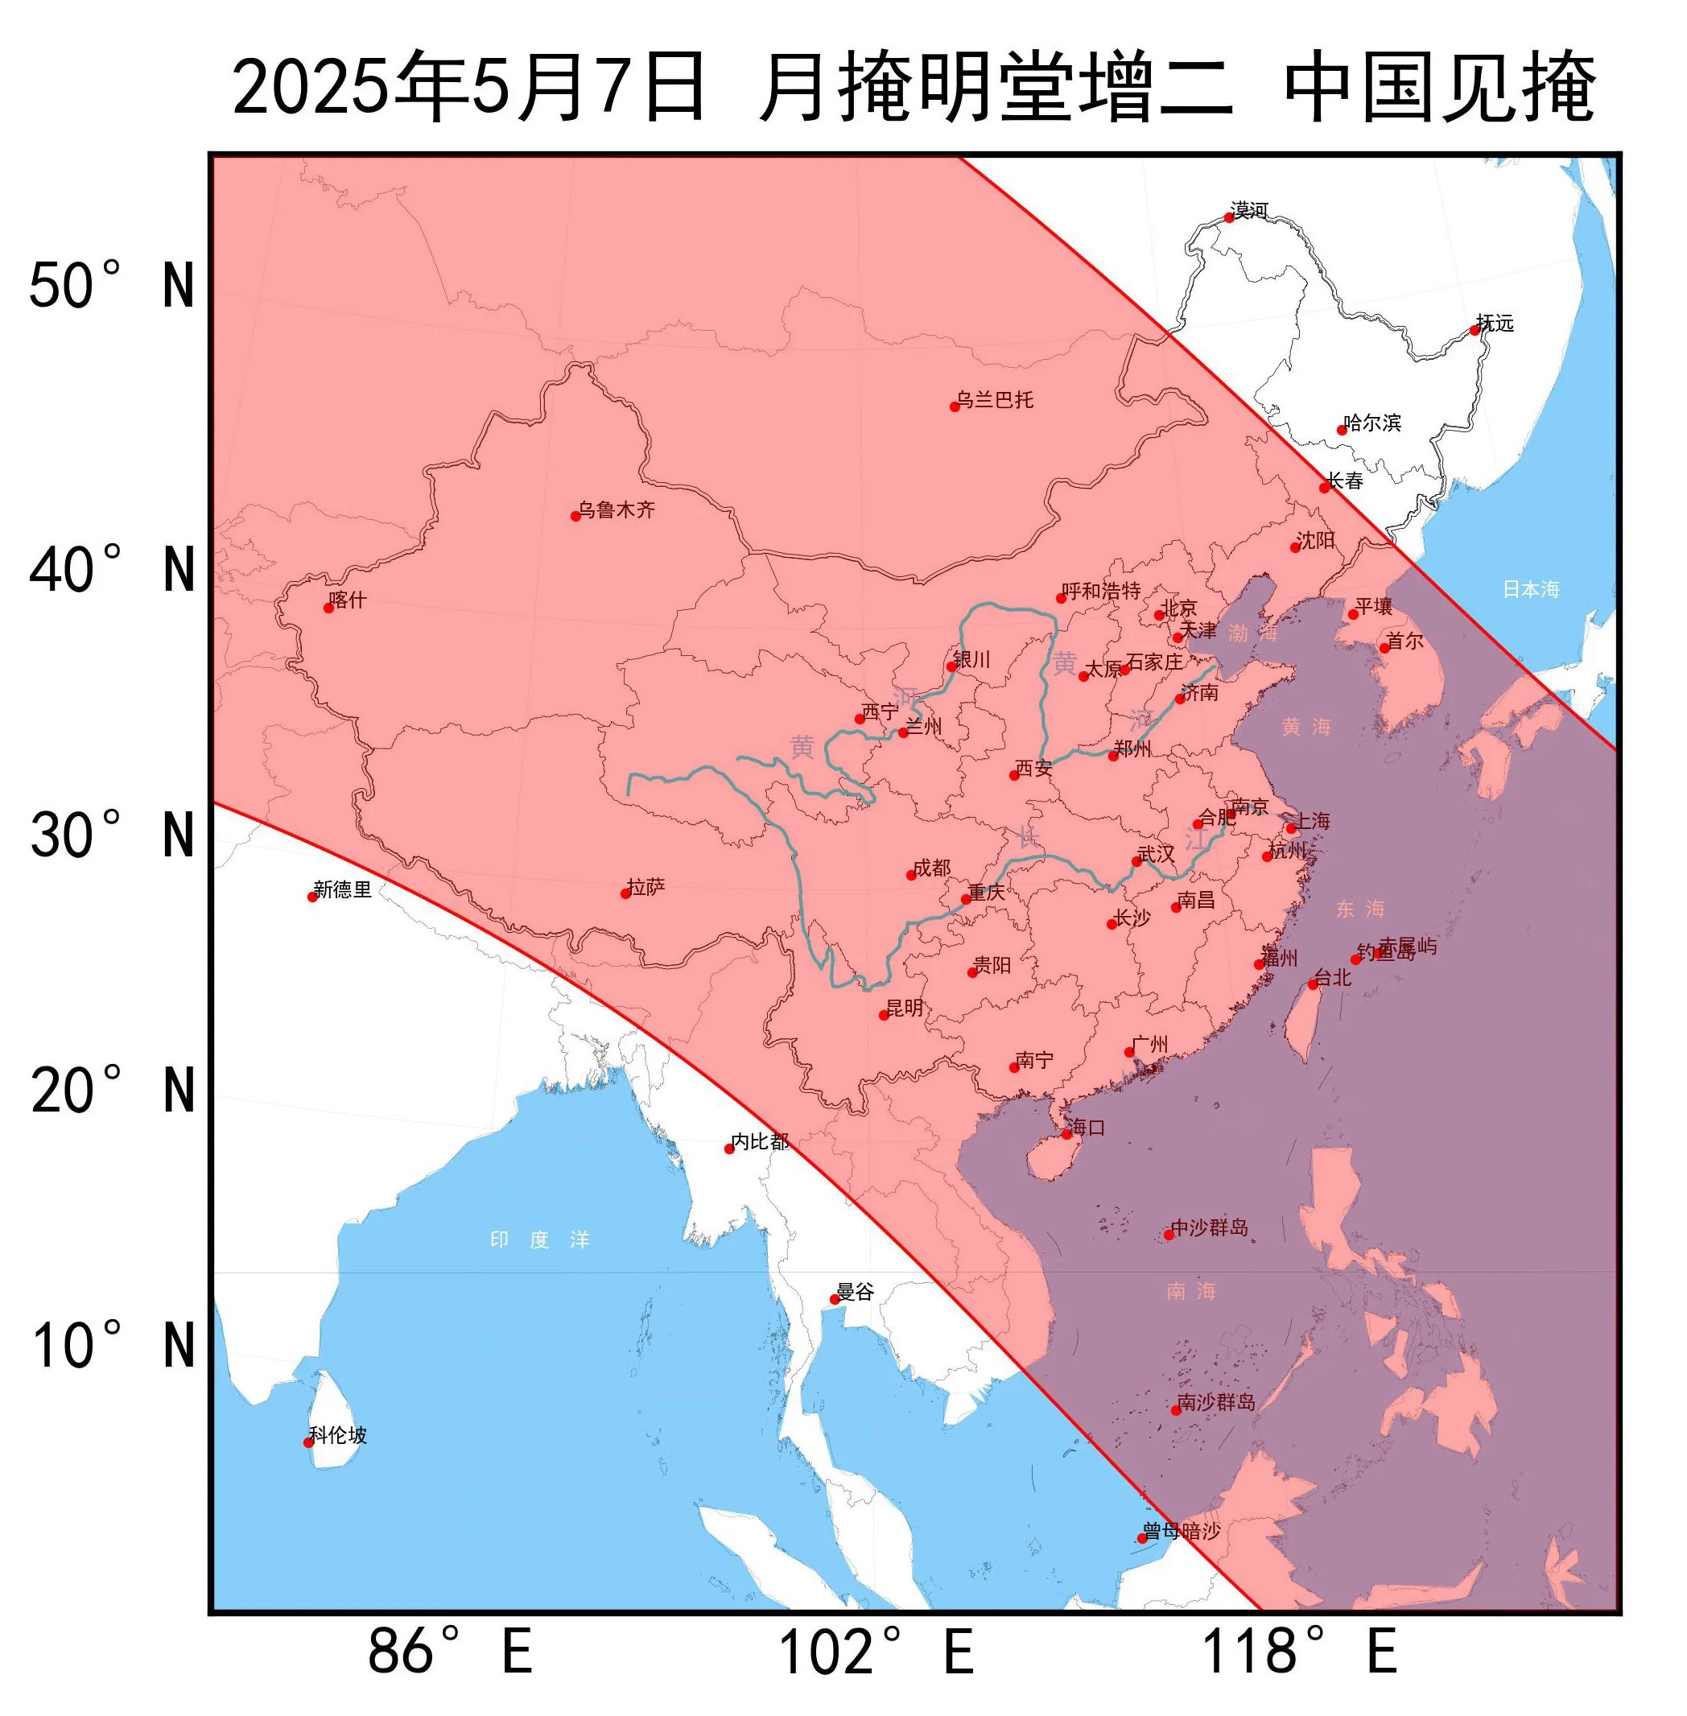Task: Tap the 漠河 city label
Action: pos(1249,210)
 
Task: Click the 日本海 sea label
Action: pos(1530,589)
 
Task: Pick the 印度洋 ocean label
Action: pos(539,1240)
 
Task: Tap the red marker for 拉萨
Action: pos(625,893)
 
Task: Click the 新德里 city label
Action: pos(342,889)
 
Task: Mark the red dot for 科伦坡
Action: pos(308,1442)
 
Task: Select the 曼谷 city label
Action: pos(855,1292)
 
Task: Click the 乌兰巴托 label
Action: pos(995,399)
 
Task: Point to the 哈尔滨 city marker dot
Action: pos(1342,430)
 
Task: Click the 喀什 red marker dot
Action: pos(328,608)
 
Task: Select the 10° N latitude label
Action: pos(112,1346)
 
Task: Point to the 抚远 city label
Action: pos(1495,324)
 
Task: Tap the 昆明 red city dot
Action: pos(884,1015)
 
